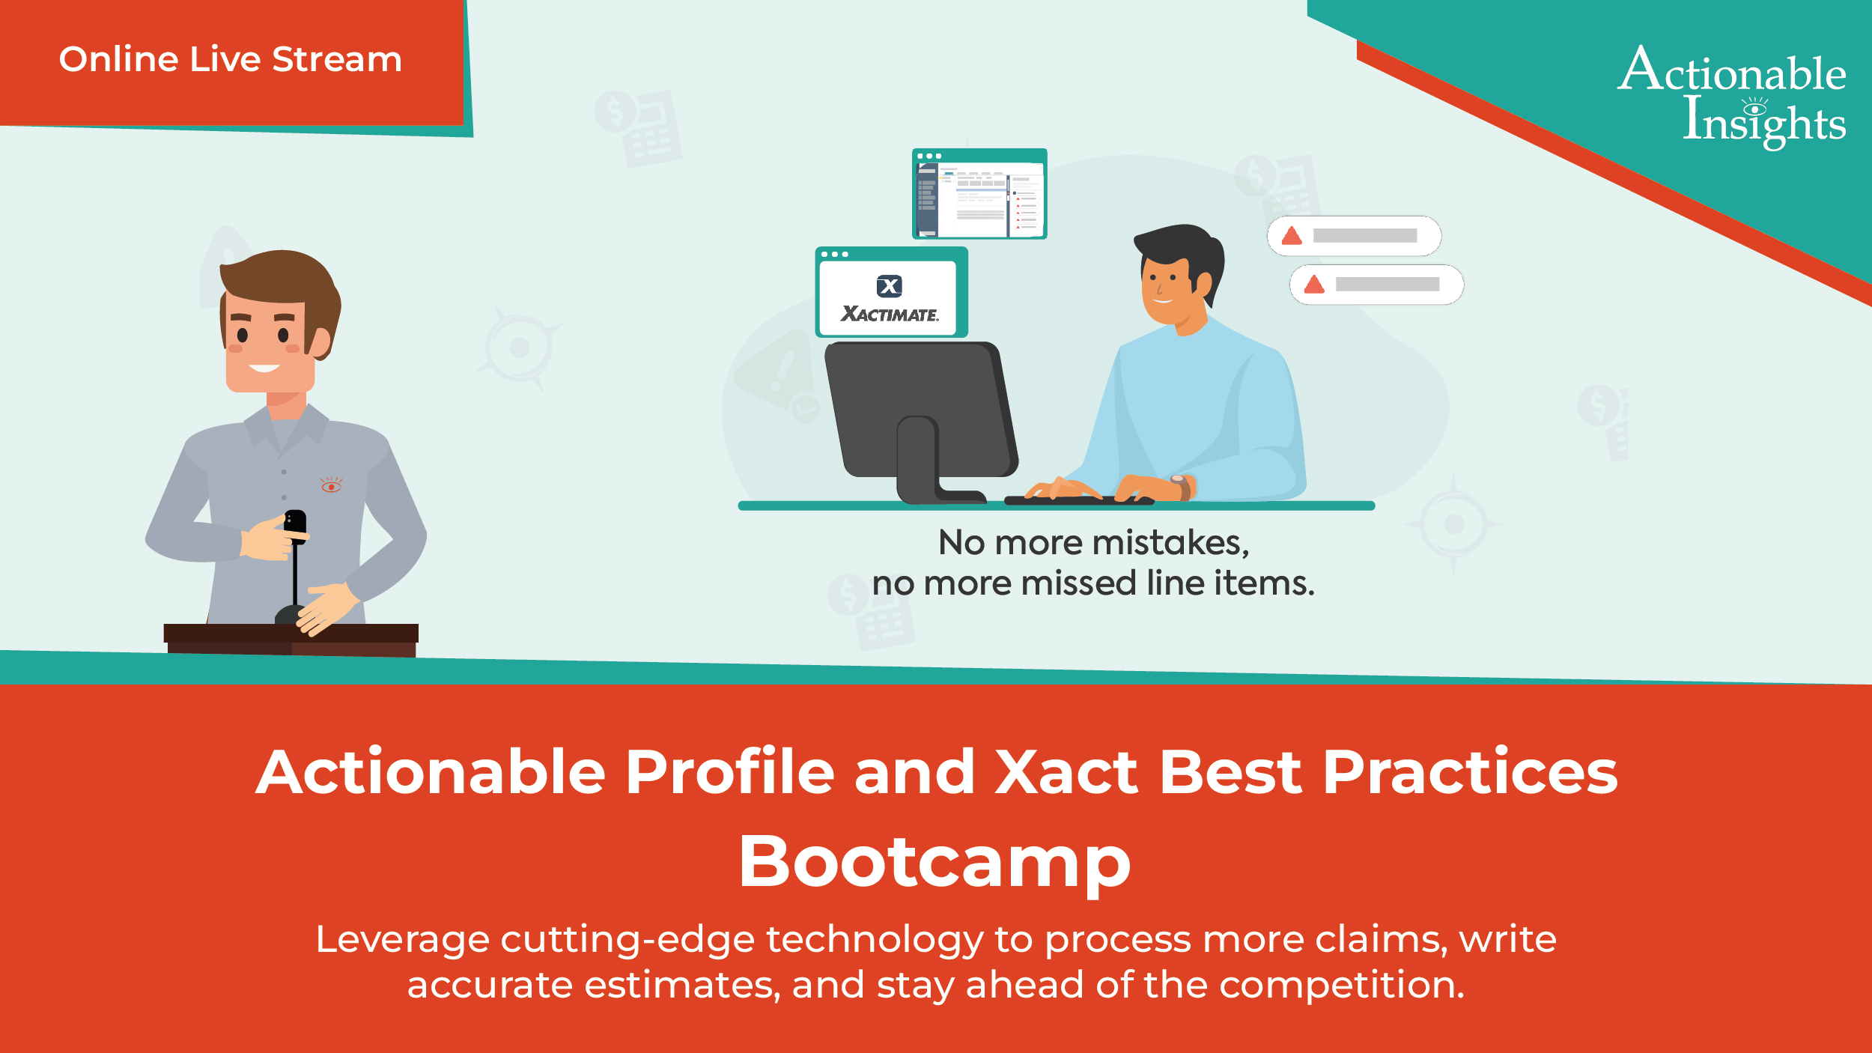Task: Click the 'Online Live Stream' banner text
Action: [x=231, y=60]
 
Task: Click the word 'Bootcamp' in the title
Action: [x=935, y=862]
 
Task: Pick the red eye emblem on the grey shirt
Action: [x=331, y=486]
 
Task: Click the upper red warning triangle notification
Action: [x=1353, y=236]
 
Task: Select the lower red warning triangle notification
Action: [x=1376, y=285]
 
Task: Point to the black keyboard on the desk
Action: [x=1078, y=500]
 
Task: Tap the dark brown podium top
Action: [x=291, y=634]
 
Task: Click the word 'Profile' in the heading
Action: [x=729, y=772]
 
